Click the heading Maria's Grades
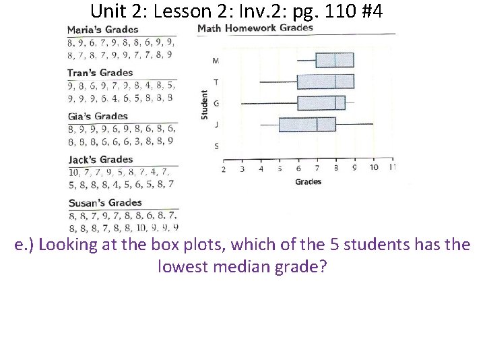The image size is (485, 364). click(x=102, y=30)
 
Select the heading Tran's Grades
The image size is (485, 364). click(x=100, y=73)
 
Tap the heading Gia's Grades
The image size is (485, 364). click(x=97, y=117)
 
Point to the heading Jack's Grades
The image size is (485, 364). click(x=100, y=160)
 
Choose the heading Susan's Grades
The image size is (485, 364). click(x=104, y=203)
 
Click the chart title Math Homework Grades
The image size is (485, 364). click(x=255, y=28)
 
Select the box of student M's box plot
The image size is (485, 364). click(x=335, y=60)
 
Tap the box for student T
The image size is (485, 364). click(x=325, y=82)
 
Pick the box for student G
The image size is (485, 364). click(x=321, y=102)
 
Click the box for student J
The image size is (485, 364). click(x=307, y=124)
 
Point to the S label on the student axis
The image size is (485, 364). click(x=216, y=146)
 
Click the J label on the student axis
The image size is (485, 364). click(x=216, y=124)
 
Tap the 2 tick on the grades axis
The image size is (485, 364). click(x=224, y=168)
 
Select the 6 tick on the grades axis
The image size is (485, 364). click(x=298, y=168)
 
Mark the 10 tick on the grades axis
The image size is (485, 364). click(x=374, y=168)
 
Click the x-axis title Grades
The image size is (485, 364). click(x=308, y=181)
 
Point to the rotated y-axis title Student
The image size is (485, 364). click(x=205, y=106)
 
